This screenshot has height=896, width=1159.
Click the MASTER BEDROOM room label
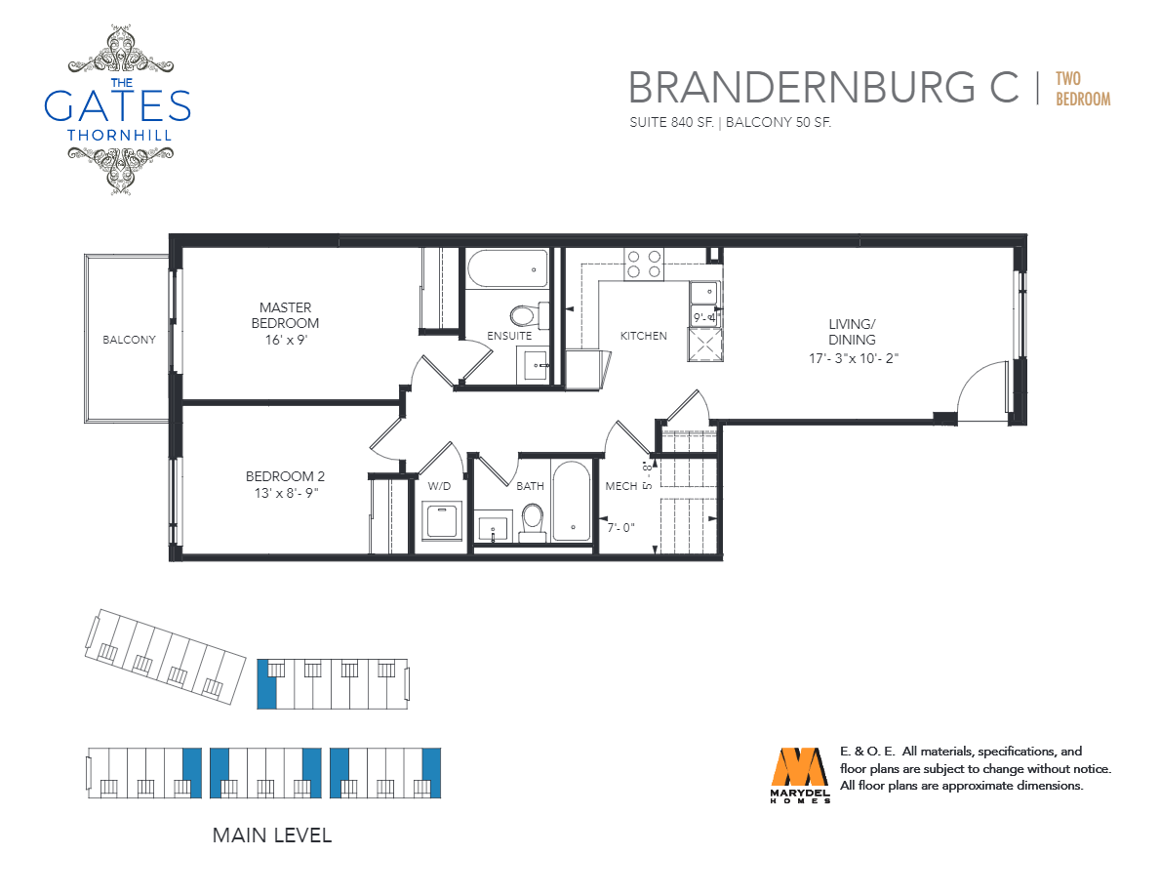point(285,315)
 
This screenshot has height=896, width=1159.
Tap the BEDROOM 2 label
point(285,477)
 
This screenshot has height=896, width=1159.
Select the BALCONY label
point(130,340)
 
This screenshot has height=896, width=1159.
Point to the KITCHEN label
point(643,336)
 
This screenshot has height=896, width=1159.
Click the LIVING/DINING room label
point(853,332)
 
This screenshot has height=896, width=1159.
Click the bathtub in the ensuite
point(507,268)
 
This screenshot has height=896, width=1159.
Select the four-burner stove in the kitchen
point(644,264)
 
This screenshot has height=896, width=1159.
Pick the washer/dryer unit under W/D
point(442,520)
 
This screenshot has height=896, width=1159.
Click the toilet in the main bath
point(533,520)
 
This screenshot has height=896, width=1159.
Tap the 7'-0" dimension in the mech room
point(620,528)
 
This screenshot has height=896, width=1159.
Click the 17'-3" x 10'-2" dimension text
point(854,358)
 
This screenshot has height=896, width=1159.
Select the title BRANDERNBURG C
point(823,87)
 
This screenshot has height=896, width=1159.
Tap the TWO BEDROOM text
point(1083,89)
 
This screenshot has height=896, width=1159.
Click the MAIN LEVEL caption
point(272,835)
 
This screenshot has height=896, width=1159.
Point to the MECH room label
point(620,486)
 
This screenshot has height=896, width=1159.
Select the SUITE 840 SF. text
point(671,123)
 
